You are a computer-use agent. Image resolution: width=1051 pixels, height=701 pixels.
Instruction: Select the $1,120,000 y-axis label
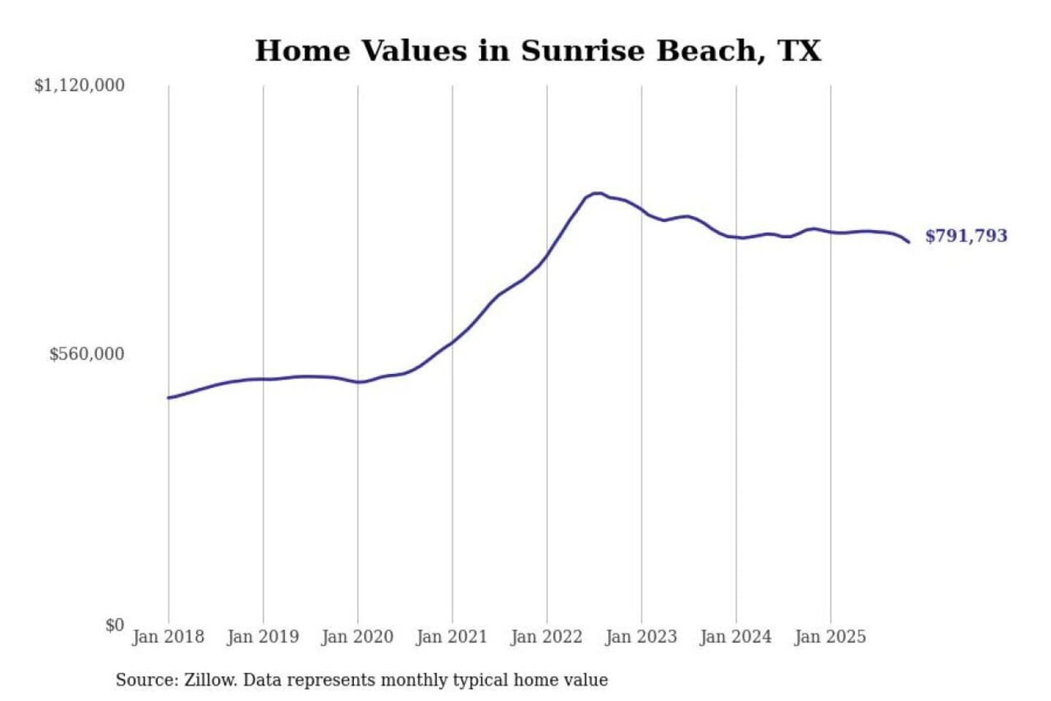click(x=80, y=85)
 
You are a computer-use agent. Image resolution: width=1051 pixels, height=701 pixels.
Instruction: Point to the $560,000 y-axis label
click(x=87, y=354)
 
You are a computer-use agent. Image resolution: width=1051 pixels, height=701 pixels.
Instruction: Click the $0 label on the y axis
click(x=115, y=625)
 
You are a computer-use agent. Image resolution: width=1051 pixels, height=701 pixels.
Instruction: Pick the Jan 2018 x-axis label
click(x=168, y=637)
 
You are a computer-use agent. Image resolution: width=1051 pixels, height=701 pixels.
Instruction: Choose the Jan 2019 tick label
click(x=263, y=637)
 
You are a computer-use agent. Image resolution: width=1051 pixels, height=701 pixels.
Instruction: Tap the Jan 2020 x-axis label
click(x=357, y=637)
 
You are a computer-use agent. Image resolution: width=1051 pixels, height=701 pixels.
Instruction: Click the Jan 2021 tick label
click(x=452, y=637)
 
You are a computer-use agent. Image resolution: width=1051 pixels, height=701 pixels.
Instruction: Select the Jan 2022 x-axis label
click(x=546, y=637)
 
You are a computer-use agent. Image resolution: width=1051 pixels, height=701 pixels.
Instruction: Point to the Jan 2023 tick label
click(x=641, y=637)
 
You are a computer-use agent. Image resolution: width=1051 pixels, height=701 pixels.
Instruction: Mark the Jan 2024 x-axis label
click(x=735, y=637)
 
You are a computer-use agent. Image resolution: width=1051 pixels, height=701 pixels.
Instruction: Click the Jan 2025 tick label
click(x=830, y=637)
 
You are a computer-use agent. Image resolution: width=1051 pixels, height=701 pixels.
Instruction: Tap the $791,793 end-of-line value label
click(x=966, y=236)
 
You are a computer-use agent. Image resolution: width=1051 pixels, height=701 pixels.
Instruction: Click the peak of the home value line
click(x=598, y=194)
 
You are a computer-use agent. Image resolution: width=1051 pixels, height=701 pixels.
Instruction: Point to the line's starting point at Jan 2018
click(x=169, y=398)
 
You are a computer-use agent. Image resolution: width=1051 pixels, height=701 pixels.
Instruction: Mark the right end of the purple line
click(x=909, y=242)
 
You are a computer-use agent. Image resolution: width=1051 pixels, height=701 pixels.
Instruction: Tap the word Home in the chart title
click(x=302, y=51)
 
